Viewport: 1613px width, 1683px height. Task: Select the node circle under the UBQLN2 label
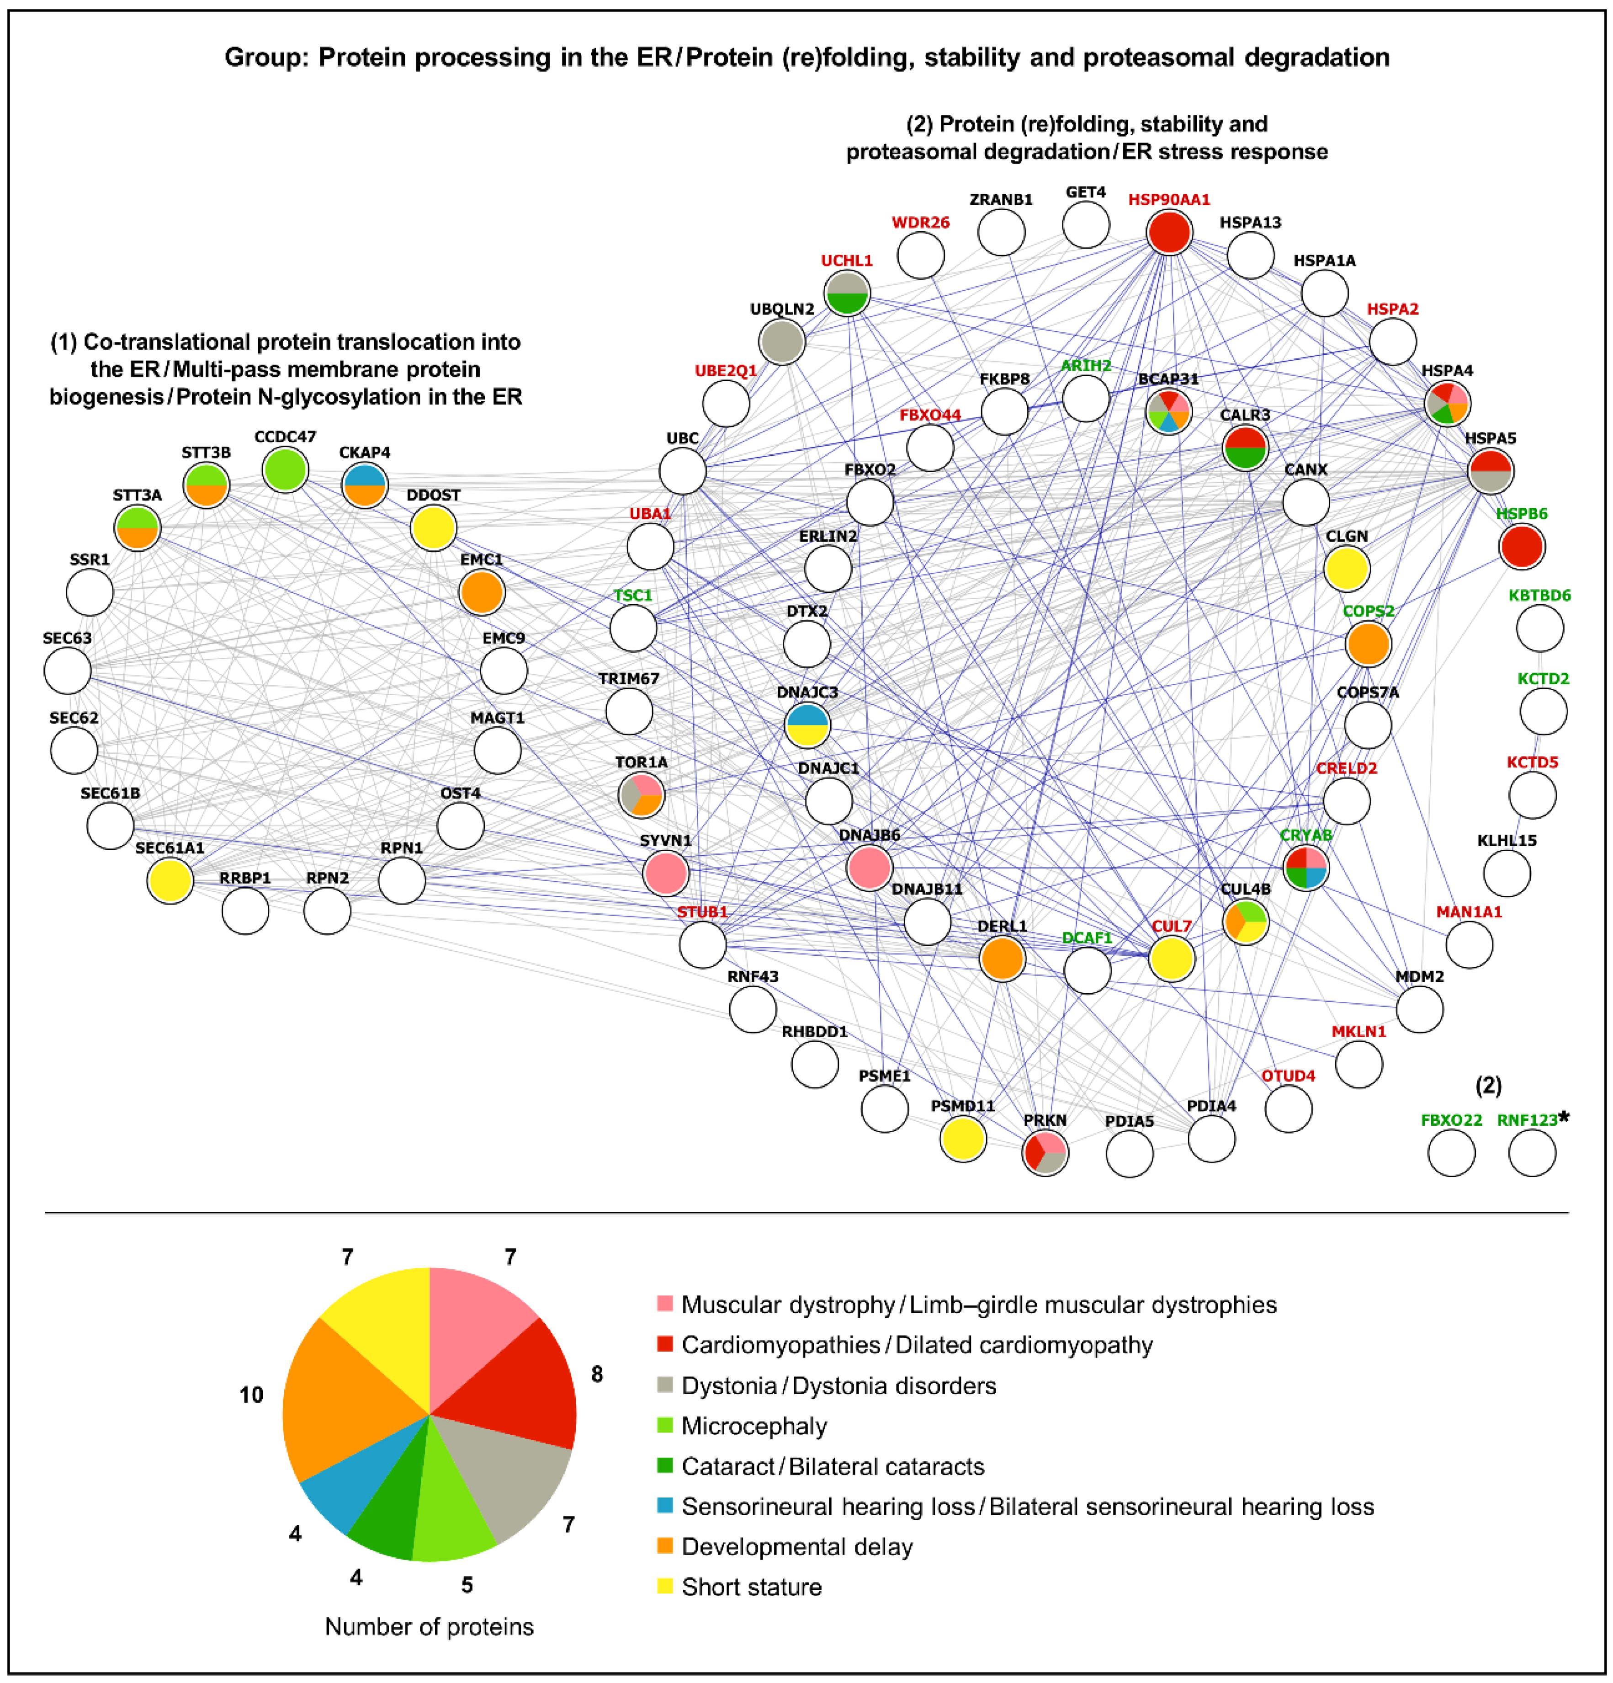tap(781, 342)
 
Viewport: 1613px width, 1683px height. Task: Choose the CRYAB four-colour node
tap(1305, 867)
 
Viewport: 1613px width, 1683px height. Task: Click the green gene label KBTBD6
tap(1539, 595)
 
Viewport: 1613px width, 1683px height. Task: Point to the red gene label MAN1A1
tap(1469, 912)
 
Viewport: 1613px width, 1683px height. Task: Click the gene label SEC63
tap(67, 638)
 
